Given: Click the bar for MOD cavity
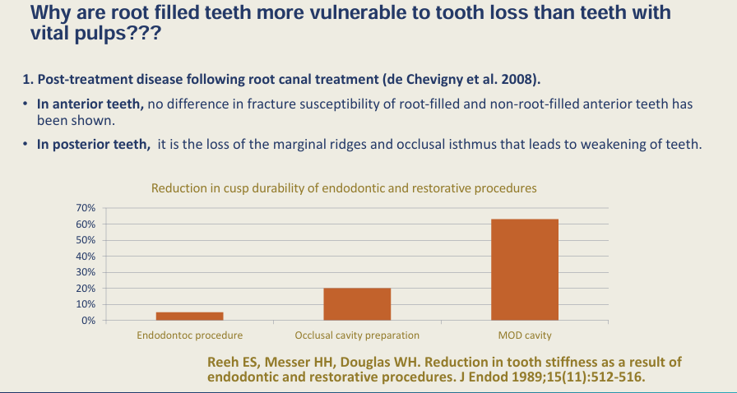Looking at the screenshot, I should point(525,270).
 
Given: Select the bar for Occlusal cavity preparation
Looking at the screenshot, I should point(357,304).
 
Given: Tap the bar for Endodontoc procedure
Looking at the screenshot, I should point(189,316).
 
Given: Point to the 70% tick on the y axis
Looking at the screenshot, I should point(86,209).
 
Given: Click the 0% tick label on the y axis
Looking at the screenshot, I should point(89,321).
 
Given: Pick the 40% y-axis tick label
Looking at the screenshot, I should point(86,257).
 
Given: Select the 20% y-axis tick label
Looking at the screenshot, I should point(86,289).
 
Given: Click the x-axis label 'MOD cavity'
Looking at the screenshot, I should point(525,335).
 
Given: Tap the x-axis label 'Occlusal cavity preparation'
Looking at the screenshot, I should point(357,335).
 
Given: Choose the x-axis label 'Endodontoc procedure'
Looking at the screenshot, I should point(189,335).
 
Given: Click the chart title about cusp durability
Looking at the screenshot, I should point(344,188).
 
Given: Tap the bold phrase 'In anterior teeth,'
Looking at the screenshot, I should point(90,104).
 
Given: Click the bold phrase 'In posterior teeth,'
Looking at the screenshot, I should point(94,145).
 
